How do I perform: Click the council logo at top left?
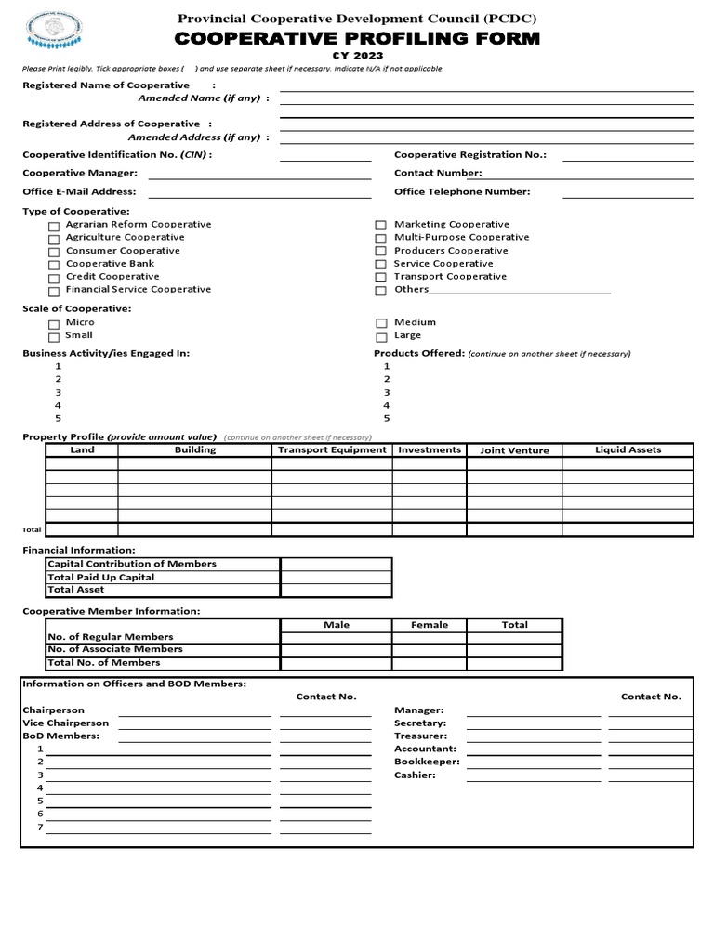(x=58, y=33)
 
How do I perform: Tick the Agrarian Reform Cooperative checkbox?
(x=54, y=226)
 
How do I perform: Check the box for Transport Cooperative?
(x=380, y=278)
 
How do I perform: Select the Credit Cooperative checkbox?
(x=54, y=278)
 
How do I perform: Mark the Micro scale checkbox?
(x=54, y=324)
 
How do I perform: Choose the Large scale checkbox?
(x=380, y=337)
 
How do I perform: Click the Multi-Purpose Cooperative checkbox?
(x=380, y=239)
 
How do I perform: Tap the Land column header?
(x=82, y=450)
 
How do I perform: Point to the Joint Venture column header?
(x=514, y=450)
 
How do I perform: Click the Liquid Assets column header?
(x=628, y=450)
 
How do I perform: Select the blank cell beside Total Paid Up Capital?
(x=336, y=577)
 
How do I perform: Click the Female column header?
(x=429, y=625)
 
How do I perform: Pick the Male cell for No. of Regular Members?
(x=336, y=637)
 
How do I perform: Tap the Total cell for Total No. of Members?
(x=514, y=663)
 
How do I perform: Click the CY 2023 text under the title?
(x=357, y=56)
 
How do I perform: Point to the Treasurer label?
(x=420, y=736)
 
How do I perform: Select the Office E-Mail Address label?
(x=79, y=192)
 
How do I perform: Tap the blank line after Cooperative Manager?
(x=259, y=176)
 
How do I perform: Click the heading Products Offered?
(x=418, y=354)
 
